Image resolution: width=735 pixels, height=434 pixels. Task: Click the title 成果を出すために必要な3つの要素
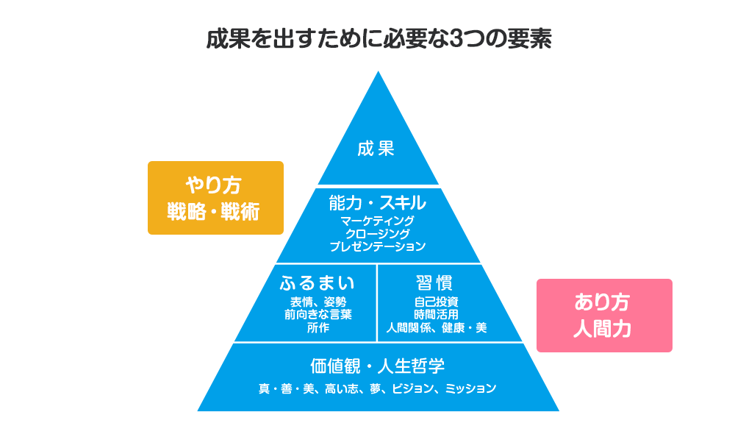[378, 39]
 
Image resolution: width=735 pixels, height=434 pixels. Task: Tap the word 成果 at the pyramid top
[376, 149]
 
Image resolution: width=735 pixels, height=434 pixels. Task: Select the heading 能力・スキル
[377, 202]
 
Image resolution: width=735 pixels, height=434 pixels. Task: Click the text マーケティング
[377, 221]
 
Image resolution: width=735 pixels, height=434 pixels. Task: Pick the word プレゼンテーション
[377, 246]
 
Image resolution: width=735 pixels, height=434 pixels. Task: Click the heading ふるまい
[318, 283]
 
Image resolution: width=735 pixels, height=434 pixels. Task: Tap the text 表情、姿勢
[318, 302]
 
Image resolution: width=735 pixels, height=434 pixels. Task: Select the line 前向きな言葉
[318, 314]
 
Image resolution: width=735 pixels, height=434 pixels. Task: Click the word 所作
[318, 327]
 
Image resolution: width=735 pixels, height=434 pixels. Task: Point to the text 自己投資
[436, 302]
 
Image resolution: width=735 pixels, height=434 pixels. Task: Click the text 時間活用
[436, 314]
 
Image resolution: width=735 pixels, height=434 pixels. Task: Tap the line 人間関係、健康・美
[436, 327]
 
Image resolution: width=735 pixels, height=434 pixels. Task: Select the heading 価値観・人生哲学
[377, 366]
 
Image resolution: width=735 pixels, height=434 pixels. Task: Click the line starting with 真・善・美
[377, 388]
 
